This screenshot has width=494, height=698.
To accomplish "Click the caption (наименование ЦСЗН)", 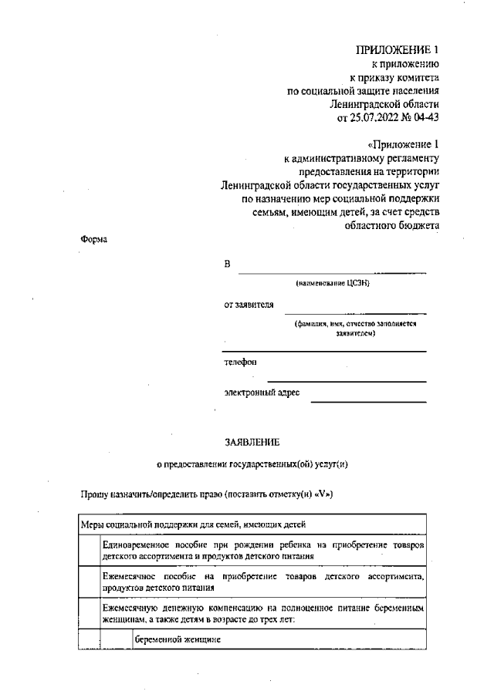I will point(333,284).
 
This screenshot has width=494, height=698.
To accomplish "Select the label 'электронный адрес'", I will point(262,393).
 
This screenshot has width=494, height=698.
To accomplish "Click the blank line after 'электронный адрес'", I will point(368,401).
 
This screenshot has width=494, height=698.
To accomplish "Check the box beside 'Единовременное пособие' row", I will point(90,551).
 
